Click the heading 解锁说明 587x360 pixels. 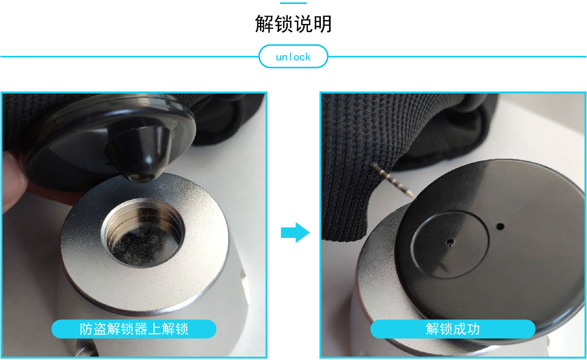point(293,23)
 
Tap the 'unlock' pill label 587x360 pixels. point(293,57)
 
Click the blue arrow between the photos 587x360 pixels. point(295,233)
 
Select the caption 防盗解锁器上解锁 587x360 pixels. point(134,329)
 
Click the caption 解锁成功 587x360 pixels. point(453,329)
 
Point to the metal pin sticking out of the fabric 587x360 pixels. point(394,180)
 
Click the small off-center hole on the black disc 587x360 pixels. point(500,226)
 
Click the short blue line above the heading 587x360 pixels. point(293,3)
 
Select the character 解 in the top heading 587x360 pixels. point(264,23)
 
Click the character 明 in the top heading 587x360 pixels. point(323,23)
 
